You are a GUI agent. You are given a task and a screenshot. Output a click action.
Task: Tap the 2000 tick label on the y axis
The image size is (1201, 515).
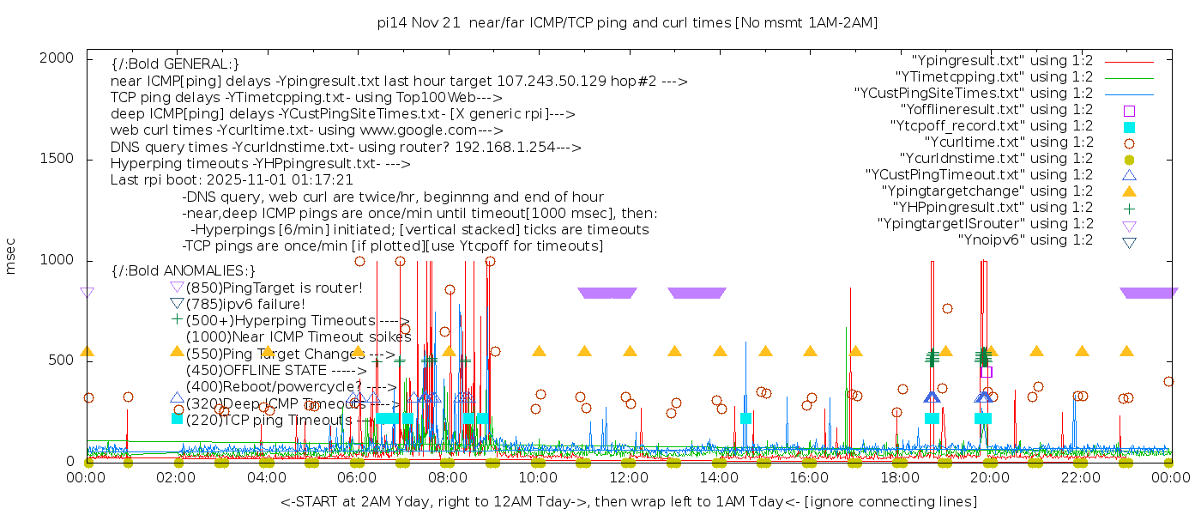tap(63, 58)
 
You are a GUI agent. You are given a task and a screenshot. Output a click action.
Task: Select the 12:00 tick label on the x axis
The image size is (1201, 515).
tap(629, 477)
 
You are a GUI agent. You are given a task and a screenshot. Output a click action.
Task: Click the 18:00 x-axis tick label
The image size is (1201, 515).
tap(900, 477)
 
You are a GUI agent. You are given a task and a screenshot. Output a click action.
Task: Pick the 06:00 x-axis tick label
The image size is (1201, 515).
tap(358, 477)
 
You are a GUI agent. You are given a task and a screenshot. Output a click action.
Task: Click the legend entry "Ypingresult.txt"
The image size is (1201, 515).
tap(1002, 61)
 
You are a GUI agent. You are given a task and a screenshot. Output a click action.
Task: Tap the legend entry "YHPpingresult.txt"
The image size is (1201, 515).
tap(993, 208)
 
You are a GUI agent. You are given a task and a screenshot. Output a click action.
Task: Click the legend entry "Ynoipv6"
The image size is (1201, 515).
tap(1025, 240)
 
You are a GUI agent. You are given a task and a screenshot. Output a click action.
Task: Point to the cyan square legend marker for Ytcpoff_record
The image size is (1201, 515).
tap(1129, 127)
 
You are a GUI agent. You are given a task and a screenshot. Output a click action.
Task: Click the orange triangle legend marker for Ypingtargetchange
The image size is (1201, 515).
tap(1129, 191)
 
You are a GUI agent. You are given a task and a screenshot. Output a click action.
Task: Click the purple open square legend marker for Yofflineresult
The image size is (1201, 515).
tap(1129, 111)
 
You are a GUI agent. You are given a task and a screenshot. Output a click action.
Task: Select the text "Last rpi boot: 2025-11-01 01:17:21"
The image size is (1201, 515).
tap(232, 180)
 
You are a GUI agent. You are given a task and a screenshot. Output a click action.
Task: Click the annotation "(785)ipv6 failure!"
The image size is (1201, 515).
tap(245, 304)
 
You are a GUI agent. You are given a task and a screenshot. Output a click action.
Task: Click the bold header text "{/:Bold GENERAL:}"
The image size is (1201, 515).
tap(175, 64)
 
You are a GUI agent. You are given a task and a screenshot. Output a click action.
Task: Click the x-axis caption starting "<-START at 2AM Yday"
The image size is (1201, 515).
tap(628, 501)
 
